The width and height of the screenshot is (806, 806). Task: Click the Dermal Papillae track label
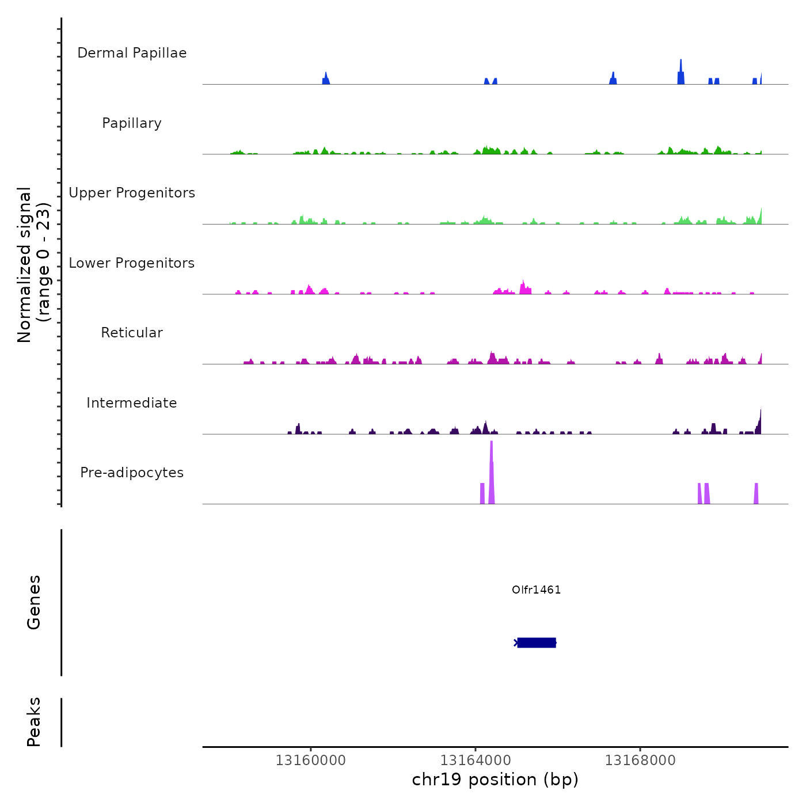pos(132,53)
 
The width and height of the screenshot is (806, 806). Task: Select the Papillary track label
pos(132,123)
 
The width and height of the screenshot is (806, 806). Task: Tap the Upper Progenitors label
pos(132,193)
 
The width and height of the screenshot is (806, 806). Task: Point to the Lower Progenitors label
pos(132,263)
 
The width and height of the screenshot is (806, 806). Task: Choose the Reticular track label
pos(132,333)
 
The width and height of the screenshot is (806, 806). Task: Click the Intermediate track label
pos(132,403)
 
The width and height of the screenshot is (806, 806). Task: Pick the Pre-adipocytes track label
pos(132,473)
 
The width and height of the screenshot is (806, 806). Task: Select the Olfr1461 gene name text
pos(536,590)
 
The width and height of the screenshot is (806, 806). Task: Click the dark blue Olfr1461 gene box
pos(537,642)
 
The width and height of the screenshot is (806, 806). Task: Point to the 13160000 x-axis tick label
pos(311,760)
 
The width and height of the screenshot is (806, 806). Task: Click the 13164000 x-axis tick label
pos(476,760)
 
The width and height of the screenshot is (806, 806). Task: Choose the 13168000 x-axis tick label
pos(640,760)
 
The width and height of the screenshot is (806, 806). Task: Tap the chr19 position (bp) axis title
pos(495,780)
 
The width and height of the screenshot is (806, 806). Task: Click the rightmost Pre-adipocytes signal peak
pos(756,494)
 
